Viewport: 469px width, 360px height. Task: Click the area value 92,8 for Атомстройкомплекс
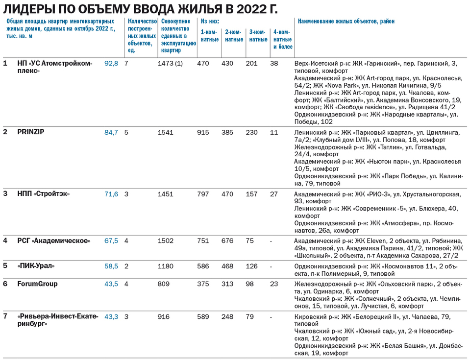click(x=111, y=64)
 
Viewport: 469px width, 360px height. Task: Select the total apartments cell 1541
click(x=166, y=132)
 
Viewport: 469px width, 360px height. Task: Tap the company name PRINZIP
click(x=31, y=132)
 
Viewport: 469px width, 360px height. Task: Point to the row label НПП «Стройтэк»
click(x=43, y=194)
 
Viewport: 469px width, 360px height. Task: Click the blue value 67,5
click(x=111, y=240)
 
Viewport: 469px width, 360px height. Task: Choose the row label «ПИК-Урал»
click(x=36, y=266)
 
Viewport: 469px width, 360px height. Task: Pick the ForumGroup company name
click(x=37, y=284)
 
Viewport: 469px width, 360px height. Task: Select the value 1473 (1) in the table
click(x=170, y=64)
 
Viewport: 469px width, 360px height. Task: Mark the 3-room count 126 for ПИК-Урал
click(x=251, y=266)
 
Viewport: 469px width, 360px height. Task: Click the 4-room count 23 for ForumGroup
click(x=274, y=284)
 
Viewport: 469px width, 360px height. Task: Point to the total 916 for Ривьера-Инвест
click(x=164, y=316)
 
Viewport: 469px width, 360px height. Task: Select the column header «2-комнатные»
click(x=234, y=36)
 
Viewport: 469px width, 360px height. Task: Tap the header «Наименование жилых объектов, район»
click(x=346, y=22)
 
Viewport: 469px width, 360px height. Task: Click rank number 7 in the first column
click(x=6, y=316)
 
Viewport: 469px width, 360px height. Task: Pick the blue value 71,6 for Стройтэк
click(x=111, y=194)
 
